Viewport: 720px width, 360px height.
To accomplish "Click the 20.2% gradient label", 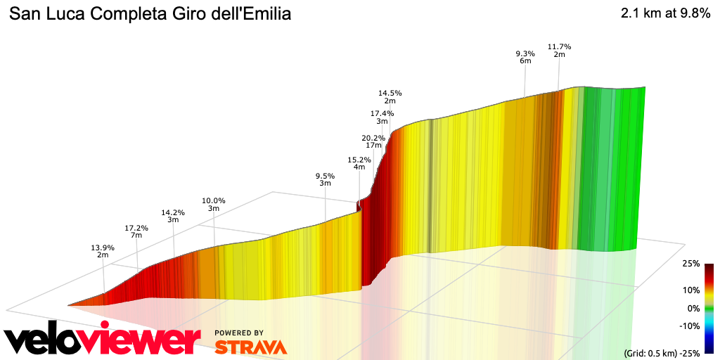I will [373, 138].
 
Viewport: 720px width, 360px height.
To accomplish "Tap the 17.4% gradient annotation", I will [382, 114].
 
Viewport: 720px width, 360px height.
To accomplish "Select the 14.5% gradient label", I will [390, 93].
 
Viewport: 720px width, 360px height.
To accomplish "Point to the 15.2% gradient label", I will [359, 160].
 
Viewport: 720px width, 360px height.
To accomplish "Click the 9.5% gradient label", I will [325, 176].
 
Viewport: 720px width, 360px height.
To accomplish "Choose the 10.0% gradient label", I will [214, 200].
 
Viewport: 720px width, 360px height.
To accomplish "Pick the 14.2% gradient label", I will [173, 212].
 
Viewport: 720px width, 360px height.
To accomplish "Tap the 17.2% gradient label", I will [136, 228].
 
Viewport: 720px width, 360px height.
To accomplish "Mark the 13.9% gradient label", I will [103, 247].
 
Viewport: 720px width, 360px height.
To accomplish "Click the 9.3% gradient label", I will [525, 53].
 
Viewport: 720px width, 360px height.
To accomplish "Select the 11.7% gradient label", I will [560, 46].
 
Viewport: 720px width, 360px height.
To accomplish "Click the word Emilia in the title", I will [266, 14].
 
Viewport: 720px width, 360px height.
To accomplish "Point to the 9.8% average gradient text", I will [692, 14].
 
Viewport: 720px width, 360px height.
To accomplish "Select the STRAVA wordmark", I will [250, 347].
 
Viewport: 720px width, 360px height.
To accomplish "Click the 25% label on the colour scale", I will [690, 264].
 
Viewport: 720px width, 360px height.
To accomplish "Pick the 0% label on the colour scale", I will [693, 308].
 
